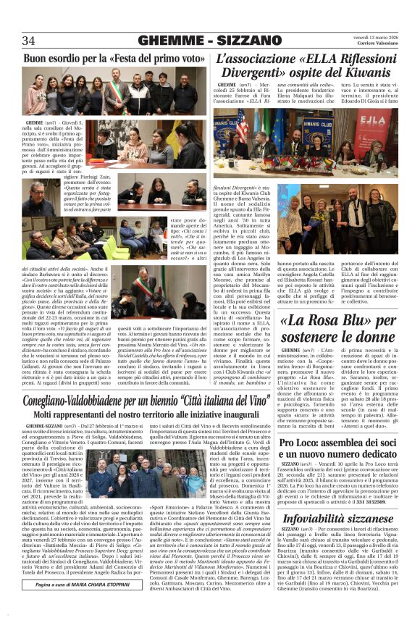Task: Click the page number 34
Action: (x=30, y=39)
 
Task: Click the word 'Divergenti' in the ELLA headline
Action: (x=250, y=72)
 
